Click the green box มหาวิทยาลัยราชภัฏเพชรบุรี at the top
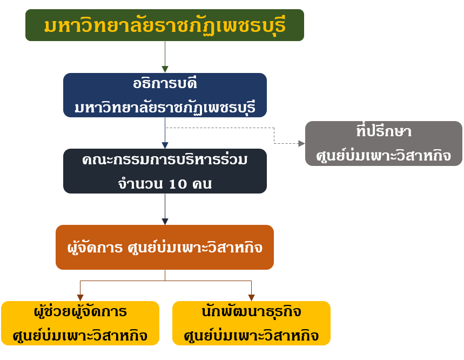coord(164,25)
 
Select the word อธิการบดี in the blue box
coord(164,84)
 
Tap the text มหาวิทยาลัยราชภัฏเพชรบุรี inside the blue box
coord(164,106)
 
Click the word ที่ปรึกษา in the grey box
coord(384,132)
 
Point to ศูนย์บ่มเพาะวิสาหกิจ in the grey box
coord(384,156)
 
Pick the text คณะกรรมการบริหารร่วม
coord(165,161)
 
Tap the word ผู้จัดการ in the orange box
coord(92,248)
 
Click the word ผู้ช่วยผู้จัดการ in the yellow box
coord(80,312)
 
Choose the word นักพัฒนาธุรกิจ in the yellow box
coord(251,312)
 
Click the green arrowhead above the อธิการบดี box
coord(165,69)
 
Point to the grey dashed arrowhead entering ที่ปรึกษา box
coord(301,143)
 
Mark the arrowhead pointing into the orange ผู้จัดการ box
coord(165,221)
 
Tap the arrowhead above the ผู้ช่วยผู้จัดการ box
coord(80,297)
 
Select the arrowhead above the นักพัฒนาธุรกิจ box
coord(251,297)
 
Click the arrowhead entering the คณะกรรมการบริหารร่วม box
coord(165,145)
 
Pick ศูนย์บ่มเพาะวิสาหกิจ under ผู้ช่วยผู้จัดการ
coord(80,335)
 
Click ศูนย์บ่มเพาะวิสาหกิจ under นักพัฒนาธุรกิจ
coord(251,335)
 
